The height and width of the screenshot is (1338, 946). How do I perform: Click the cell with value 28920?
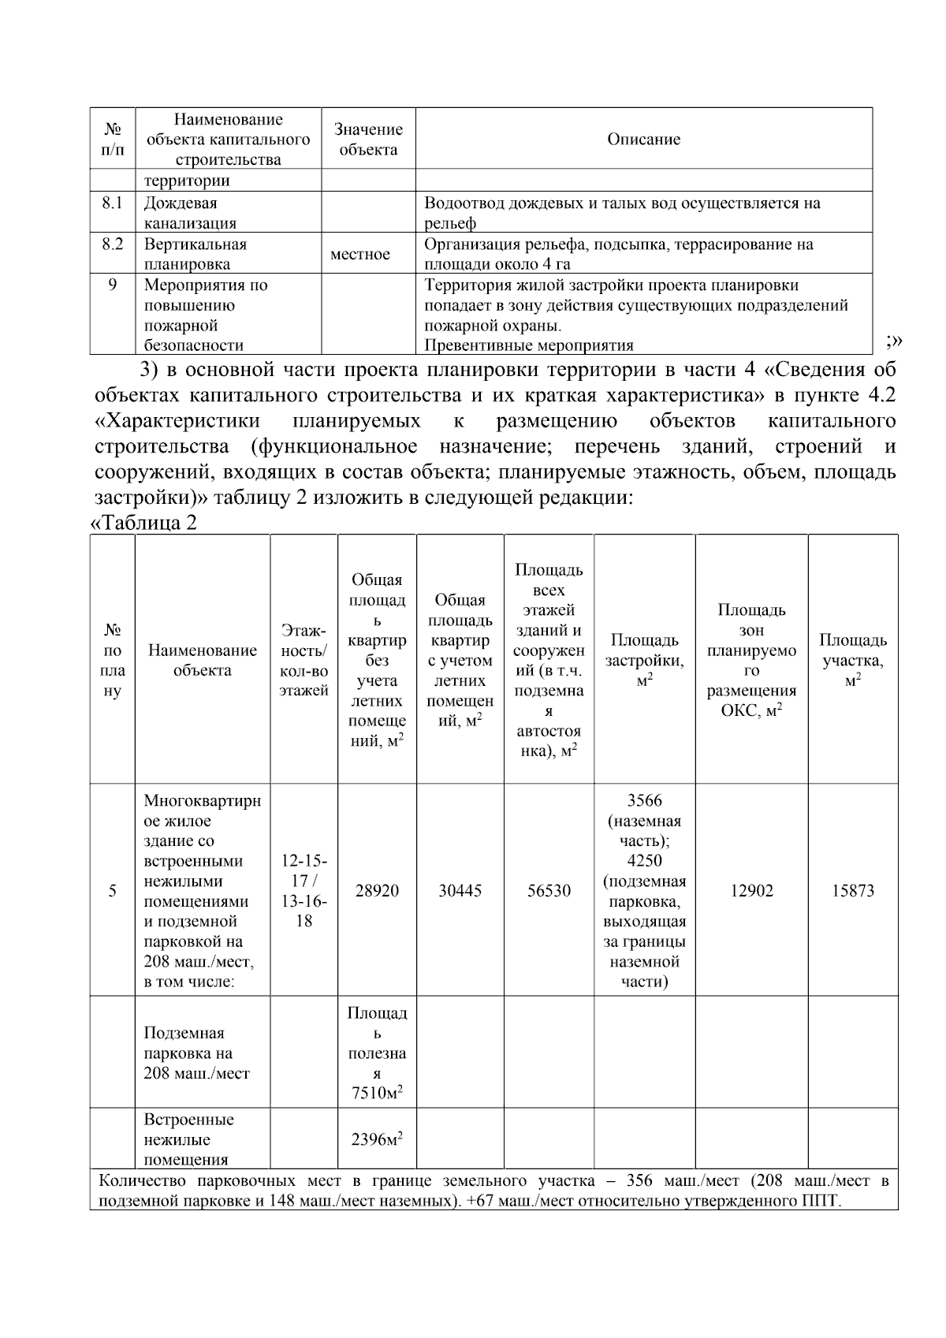point(377,891)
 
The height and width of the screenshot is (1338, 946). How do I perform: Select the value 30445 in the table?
point(460,891)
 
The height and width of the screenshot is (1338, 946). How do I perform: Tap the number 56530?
point(549,891)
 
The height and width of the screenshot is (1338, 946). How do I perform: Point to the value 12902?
point(751,891)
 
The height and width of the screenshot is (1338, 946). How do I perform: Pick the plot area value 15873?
point(853,891)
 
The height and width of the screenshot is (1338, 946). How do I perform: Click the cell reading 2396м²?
point(377,1139)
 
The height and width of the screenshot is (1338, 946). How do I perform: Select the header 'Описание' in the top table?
point(643,140)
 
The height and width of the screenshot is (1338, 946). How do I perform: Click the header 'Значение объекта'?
point(368,140)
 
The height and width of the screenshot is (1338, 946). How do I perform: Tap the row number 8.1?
point(113,203)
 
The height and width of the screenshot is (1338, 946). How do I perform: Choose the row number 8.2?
point(113,244)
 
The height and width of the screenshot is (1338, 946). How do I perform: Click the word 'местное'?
point(360,255)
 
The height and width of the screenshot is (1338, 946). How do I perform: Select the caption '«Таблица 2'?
point(144,523)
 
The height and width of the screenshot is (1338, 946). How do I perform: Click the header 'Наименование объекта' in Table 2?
point(203,660)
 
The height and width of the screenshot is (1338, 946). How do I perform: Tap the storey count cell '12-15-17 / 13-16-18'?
point(304,890)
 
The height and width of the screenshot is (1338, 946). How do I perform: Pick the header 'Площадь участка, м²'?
point(853,660)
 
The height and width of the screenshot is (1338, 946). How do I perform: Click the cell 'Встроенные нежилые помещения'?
point(189,1139)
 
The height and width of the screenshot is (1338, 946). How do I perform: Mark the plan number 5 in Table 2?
point(113,891)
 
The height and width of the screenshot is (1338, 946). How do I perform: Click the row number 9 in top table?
point(113,285)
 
